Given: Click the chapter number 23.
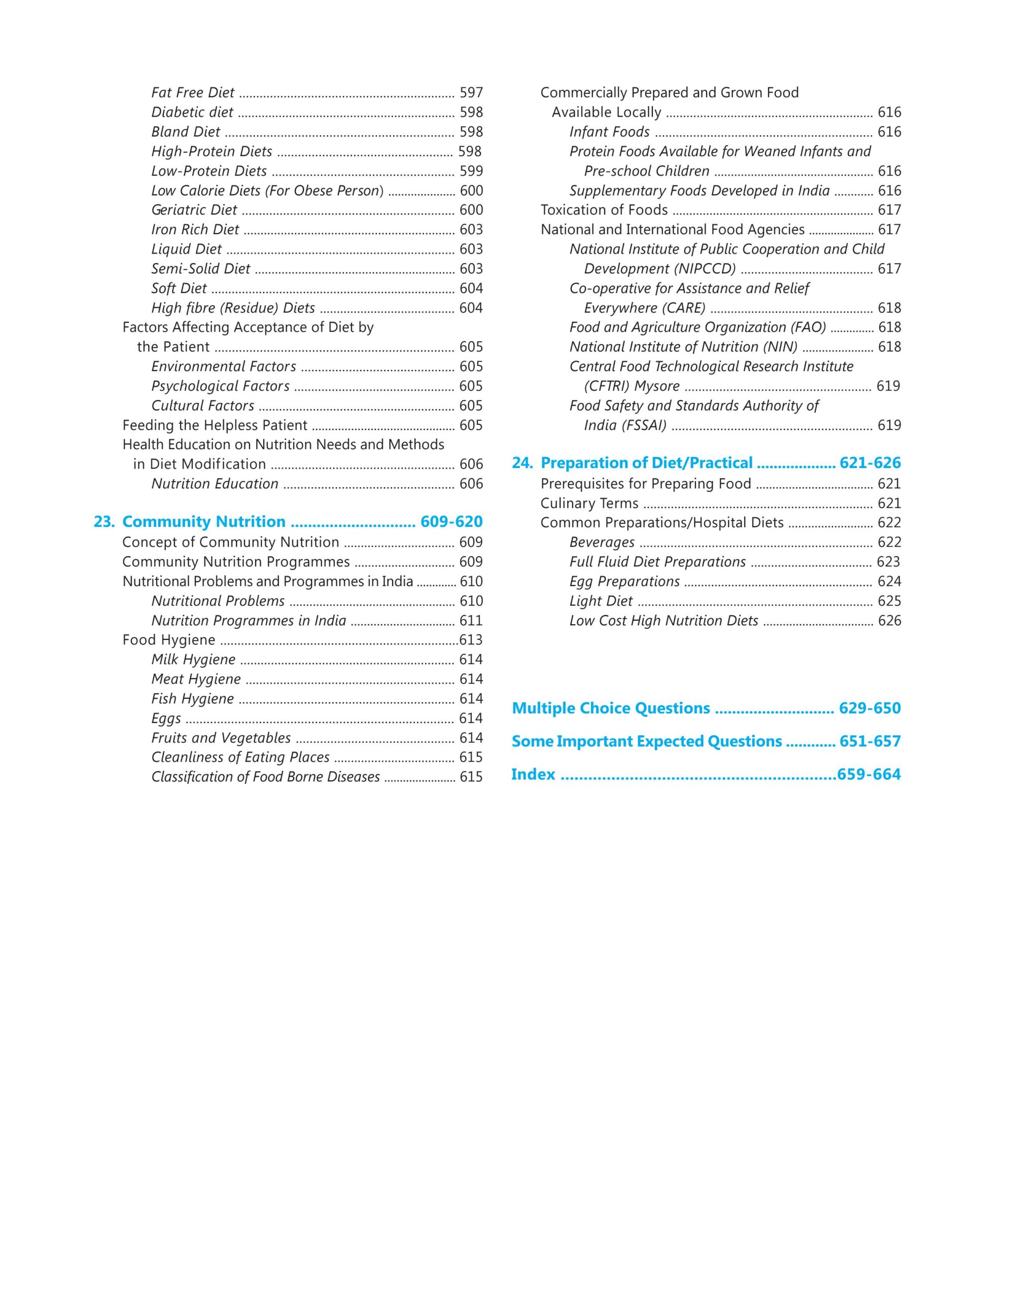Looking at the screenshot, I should pyautogui.click(x=104, y=522).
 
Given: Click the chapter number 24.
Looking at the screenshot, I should pyautogui.click(x=522, y=463).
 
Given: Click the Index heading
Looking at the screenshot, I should pyautogui.click(x=533, y=774).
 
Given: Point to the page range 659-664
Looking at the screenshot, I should pyautogui.click(x=868, y=774).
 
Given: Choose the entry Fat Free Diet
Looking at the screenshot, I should pyautogui.click(x=193, y=93).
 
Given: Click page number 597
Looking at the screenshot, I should pyautogui.click(x=471, y=93).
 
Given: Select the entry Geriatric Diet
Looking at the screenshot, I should pyautogui.click(x=194, y=210).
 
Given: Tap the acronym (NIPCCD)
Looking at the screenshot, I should pyautogui.click(x=706, y=269).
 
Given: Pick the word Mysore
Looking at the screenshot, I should pyautogui.click(x=656, y=386).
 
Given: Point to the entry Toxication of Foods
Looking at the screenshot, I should pyautogui.click(x=604, y=210).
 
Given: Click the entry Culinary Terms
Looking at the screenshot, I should pyautogui.click(x=589, y=503).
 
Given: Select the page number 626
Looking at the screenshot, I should pyautogui.click(x=889, y=621).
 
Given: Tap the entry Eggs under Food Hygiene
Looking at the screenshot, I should pyautogui.click(x=166, y=718).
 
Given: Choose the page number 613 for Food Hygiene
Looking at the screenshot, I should pyautogui.click(x=471, y=640).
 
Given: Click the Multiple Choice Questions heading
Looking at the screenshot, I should pyautogui.click(x=611, y=708).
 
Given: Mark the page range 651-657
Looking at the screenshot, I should pyautogui.click(x=869, y=742).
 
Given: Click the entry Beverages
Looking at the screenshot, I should pyautogui.click(x=602, y=543).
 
